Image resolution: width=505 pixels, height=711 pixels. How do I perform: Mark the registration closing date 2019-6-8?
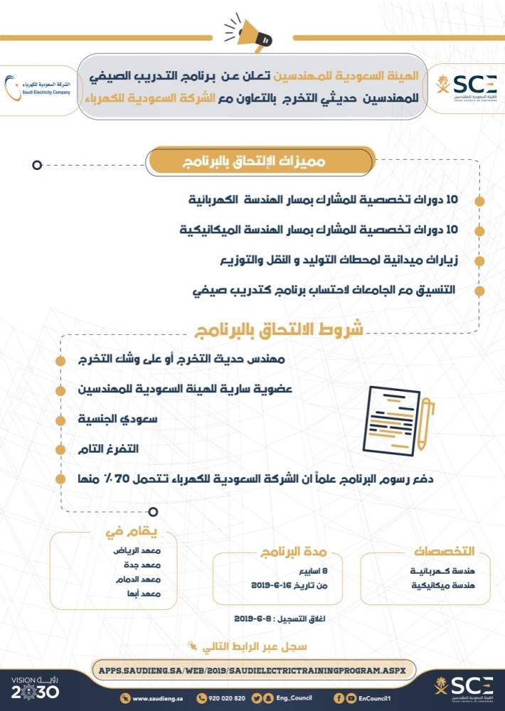coord(253,618)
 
